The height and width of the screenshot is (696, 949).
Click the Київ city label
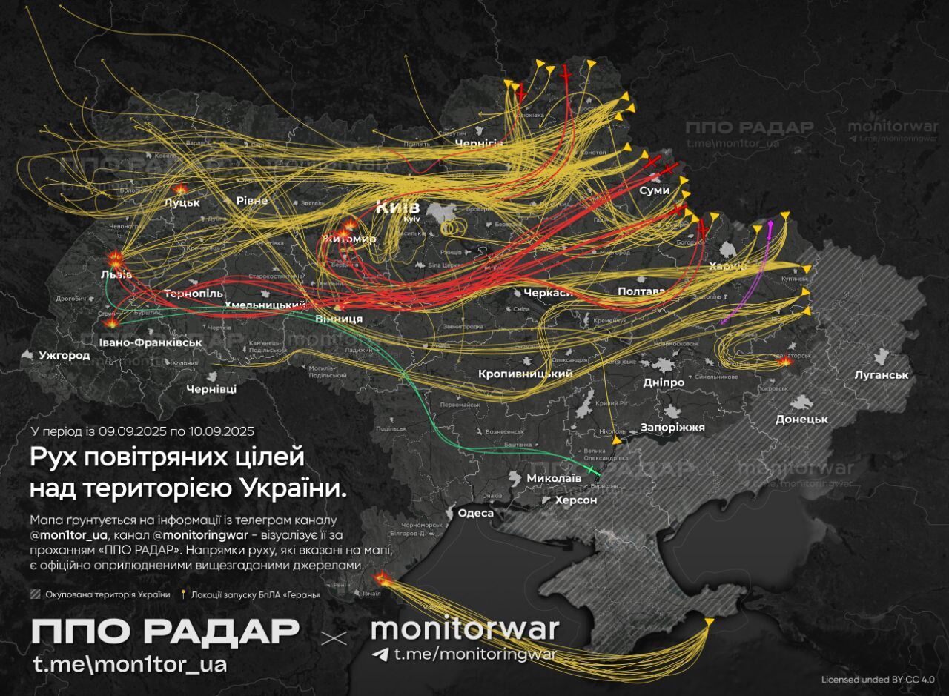[x=397, y=207]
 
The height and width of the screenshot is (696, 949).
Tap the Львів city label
[x=116, y=275]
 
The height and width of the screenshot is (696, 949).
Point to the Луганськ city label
[x=881, y=375]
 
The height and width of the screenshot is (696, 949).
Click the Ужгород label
[x=65, y=356]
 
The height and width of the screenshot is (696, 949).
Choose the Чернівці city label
[x=211, y=389]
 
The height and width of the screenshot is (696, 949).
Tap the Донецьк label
[x=801, y=419]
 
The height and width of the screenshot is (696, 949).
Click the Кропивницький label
[x=526, y=374]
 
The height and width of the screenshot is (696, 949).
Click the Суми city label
[x=654, y=190]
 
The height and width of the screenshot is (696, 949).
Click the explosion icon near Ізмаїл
[x=381, y=577]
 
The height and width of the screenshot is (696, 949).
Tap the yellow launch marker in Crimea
[x=710, y=620]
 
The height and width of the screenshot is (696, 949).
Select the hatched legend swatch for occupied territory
[x=36, y=594]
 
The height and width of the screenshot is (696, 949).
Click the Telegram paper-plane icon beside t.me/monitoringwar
[x=381, y=654]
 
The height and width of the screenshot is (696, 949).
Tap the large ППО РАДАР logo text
[x=165, y=632]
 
